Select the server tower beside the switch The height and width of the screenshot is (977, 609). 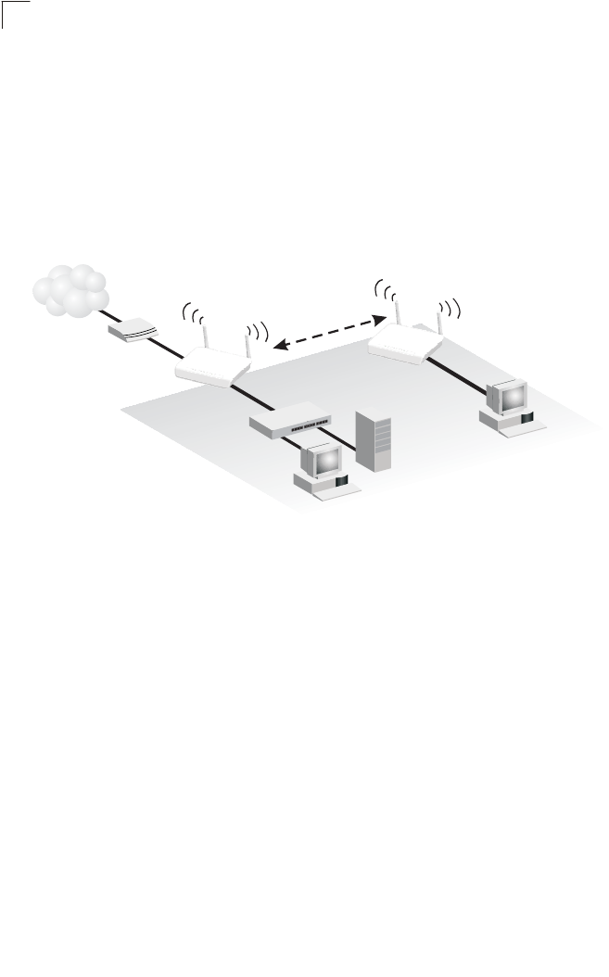click(374, 443)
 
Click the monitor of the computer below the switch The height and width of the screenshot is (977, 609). click(322, 460)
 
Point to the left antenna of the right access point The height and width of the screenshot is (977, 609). click(397, 308)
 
